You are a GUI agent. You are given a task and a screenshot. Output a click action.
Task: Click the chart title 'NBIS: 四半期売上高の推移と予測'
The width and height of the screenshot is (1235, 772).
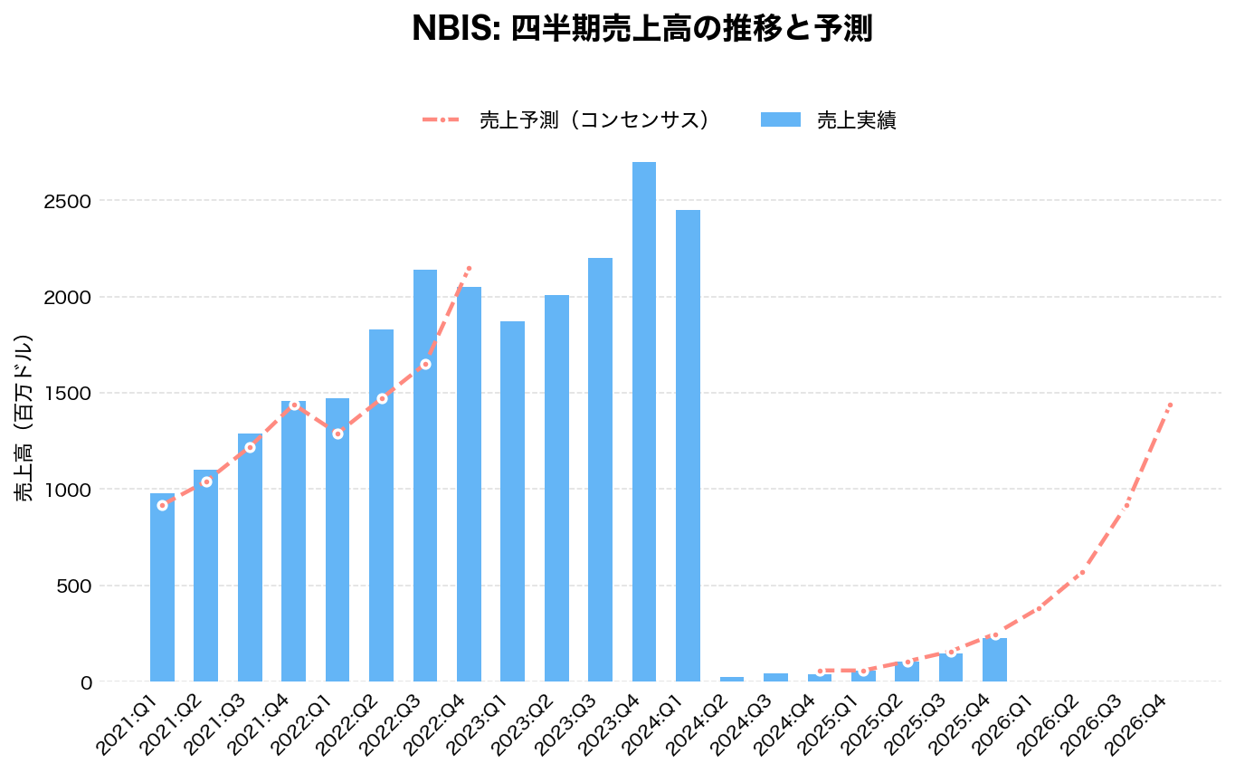tap(641, 29)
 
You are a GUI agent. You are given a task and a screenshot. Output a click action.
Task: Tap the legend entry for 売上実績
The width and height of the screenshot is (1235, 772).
tap(828, 120)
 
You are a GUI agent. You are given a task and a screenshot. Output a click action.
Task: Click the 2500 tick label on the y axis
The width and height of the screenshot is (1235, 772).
tap(68, 201)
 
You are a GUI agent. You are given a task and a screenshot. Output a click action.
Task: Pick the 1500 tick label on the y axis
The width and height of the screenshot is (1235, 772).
tap(68, 394)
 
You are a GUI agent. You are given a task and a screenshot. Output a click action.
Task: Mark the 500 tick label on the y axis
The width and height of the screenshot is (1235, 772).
tap(75, 586)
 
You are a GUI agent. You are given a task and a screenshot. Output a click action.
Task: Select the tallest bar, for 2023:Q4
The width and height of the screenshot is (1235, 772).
tap(643, 421)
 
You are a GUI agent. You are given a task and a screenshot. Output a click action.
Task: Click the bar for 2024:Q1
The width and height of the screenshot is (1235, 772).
tap(688, 445)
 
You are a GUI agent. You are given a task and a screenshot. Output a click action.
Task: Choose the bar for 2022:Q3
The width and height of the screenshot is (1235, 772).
tap(425, 475)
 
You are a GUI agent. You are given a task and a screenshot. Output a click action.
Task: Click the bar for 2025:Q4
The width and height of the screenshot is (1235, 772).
tap(994, 660)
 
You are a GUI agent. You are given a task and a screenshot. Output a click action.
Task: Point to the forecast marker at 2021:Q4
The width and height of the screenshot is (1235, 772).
tap(293, 405)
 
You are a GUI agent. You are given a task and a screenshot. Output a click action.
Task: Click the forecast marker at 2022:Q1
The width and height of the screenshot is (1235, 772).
tap(337, 434)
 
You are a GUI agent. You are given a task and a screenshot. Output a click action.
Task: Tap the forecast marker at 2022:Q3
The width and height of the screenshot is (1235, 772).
tap(425, 364)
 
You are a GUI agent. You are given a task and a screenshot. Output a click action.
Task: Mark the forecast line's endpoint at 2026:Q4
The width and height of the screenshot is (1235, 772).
tap(1170, 404)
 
